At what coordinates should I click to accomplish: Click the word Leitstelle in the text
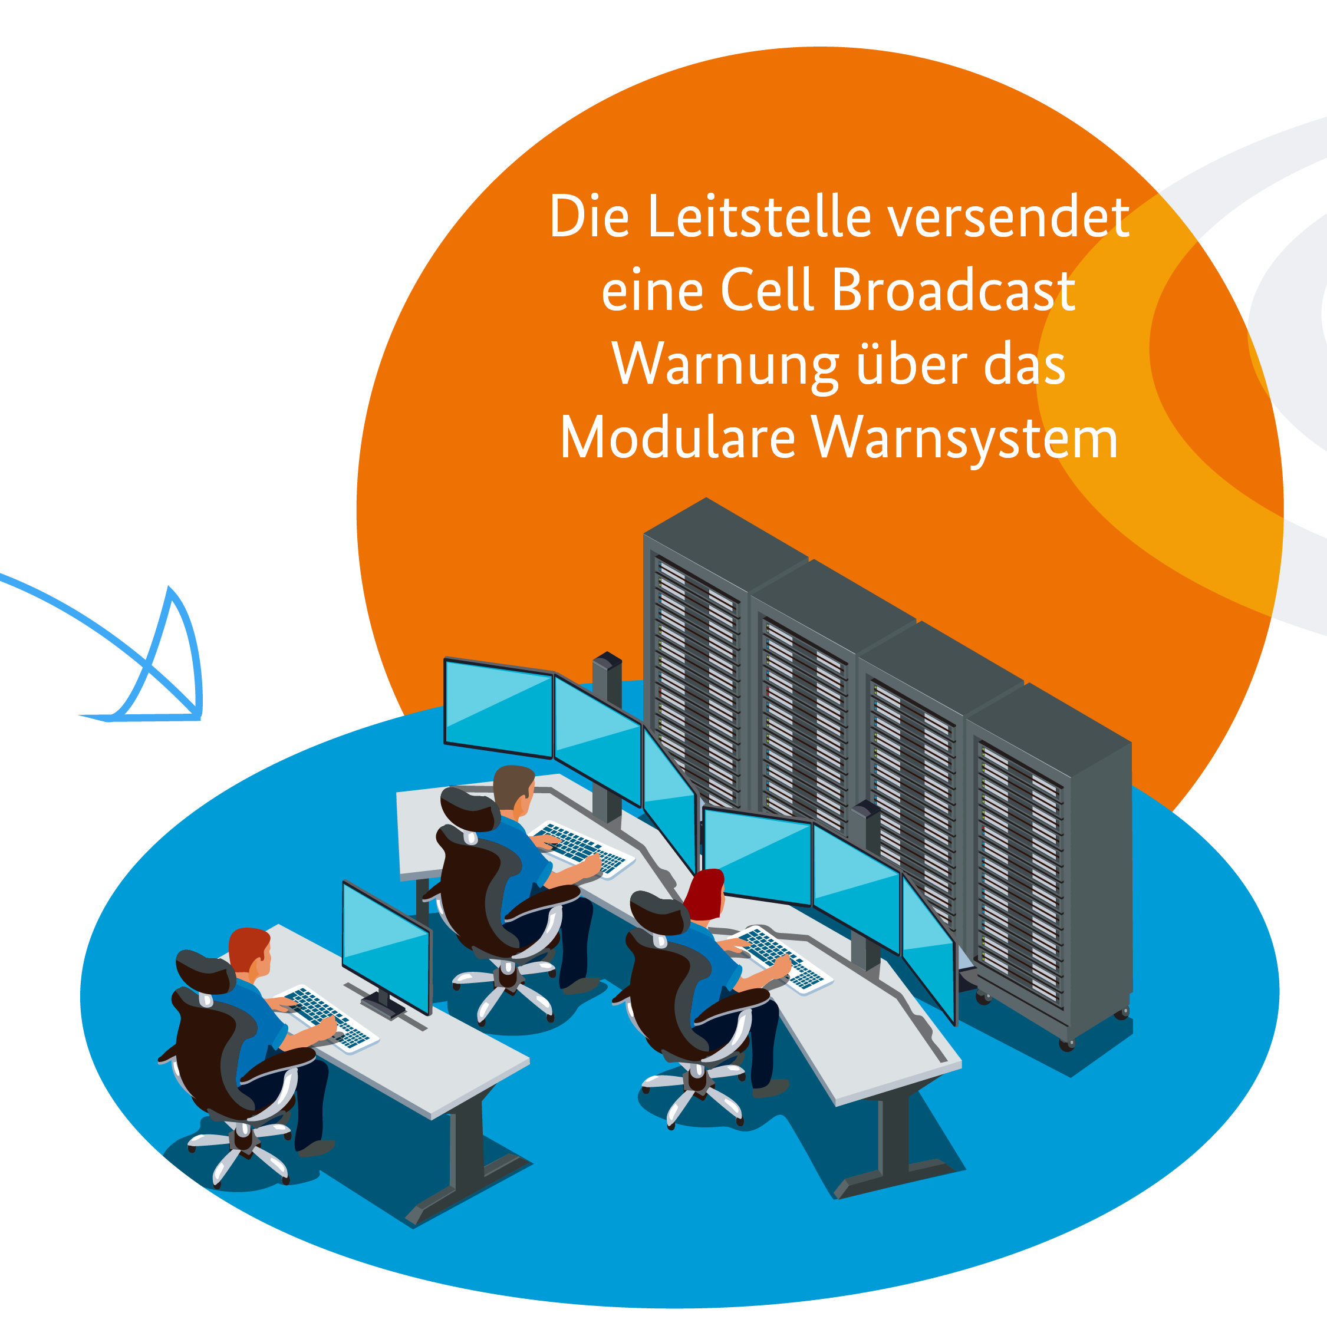click(759, 217)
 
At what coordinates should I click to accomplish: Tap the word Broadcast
click(953, 291)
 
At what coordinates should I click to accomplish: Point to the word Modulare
click(677, 439)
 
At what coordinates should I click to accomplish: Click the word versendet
click(1008, 217)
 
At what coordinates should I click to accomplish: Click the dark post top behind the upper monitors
click(607, 661)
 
